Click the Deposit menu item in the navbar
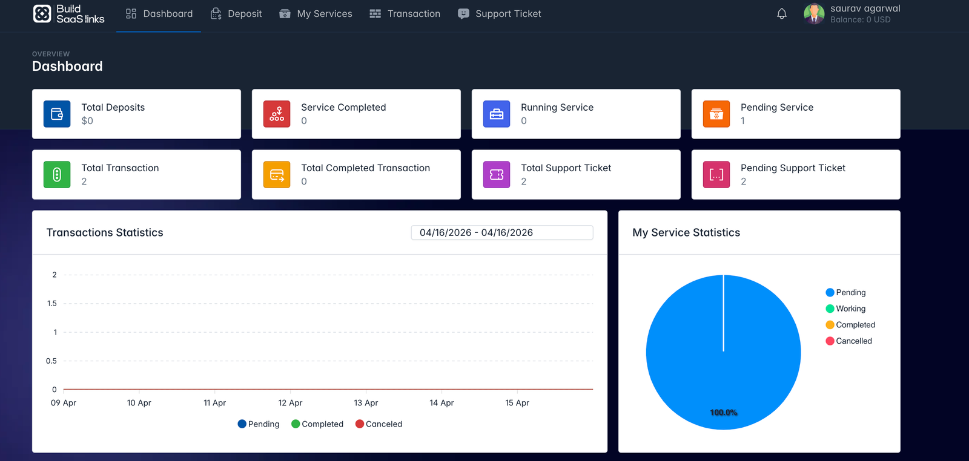pyautogui.click(x=236, y=13)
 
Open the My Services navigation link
pyautogui.click(x=316, y=13)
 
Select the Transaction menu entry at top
pyautogui.click(x=405, y=13)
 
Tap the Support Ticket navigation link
pyautogui.click(x=500, y=13)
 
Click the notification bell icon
pyautogui.click(x=782, y=13)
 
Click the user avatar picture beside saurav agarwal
pyautogui.click(x=814, y=13)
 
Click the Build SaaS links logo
pyautogui.click(x=68, y=13)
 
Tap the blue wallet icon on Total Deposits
pyautogui.click(x=57, y=114)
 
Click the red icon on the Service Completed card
pyautogui.click(x=277, y=114)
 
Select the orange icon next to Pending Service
pyautogui.click(x=716, y=114)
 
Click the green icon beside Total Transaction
pyautogui.click(x=57, y=175)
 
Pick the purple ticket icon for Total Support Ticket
pyautogui.click(x=497, y=175)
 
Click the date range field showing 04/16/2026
pyautogui.click(x=501, y=232)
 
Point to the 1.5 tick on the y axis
pyautogui.click(x=52, y=303)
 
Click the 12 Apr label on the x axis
pyautogui.click(x=290, y=403)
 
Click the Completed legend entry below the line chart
pyautogui.click(x=317, y=424)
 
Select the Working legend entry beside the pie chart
pyautogui.click(x=846, y=309)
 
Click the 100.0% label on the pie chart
pyautogui.click(x=724, y=413)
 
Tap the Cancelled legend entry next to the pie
pyautogui.click(x=849, y=341)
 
